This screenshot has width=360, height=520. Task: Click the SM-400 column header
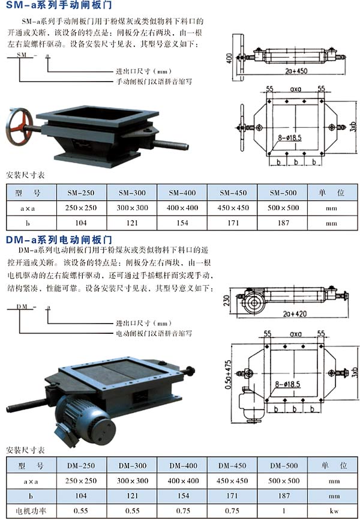182,193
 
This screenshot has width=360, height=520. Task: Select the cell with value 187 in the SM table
283,223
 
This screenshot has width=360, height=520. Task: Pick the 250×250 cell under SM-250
81,208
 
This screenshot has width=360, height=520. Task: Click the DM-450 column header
232,465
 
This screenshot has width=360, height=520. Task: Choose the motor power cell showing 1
283,511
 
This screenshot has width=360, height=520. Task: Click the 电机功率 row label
31,511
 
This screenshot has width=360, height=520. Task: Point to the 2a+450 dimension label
296,71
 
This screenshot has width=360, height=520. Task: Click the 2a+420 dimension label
295,313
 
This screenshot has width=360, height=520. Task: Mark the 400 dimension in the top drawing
229,58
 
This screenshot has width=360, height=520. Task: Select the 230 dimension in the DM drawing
227,300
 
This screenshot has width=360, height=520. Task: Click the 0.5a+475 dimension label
229,375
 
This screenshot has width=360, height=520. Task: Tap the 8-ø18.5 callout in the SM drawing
289,138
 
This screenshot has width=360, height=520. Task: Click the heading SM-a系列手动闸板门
59,5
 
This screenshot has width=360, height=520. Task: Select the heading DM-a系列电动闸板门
59,240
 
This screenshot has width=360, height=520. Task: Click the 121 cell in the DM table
132,495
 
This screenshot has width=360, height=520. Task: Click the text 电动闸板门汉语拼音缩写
154,333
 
